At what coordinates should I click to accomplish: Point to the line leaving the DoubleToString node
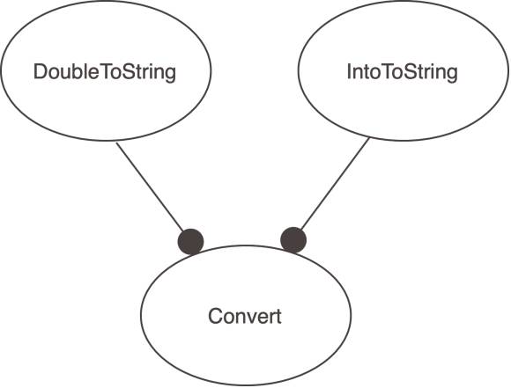150,187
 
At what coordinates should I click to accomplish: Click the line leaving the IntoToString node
335,184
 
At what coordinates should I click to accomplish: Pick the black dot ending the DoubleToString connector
190,242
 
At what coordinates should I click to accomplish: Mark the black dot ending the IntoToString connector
293,240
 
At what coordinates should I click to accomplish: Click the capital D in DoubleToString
40,71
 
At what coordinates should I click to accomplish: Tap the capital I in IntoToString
349,71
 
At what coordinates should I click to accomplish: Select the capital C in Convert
215,316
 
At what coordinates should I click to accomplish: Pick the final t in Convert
278,317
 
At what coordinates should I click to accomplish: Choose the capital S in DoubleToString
130,71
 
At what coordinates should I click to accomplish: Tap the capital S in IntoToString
411,71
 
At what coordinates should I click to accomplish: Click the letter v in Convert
250,318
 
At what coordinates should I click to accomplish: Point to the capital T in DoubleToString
105,71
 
